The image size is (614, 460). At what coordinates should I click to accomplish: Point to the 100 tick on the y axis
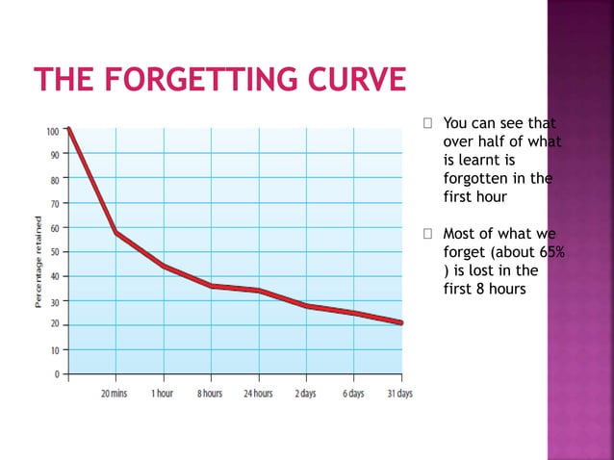51,131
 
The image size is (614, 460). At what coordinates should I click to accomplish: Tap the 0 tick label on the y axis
56,373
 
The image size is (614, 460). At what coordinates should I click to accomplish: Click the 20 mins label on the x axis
114,395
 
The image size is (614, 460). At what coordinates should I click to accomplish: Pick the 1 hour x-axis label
162,395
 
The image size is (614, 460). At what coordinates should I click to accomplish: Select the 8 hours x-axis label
210,395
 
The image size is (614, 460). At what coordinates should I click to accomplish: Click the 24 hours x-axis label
257,395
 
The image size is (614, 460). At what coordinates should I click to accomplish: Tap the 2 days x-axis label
305,395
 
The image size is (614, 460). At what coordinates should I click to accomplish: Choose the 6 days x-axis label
352,395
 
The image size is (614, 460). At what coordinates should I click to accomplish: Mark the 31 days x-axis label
399,395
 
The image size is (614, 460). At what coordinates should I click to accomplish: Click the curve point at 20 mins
115,232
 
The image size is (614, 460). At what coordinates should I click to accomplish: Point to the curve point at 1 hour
163,266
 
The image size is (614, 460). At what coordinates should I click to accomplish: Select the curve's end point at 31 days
400,322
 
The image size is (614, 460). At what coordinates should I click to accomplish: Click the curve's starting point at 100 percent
68,129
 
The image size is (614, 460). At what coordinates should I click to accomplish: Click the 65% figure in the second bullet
551,252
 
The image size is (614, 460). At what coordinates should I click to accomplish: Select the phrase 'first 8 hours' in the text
484,289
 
